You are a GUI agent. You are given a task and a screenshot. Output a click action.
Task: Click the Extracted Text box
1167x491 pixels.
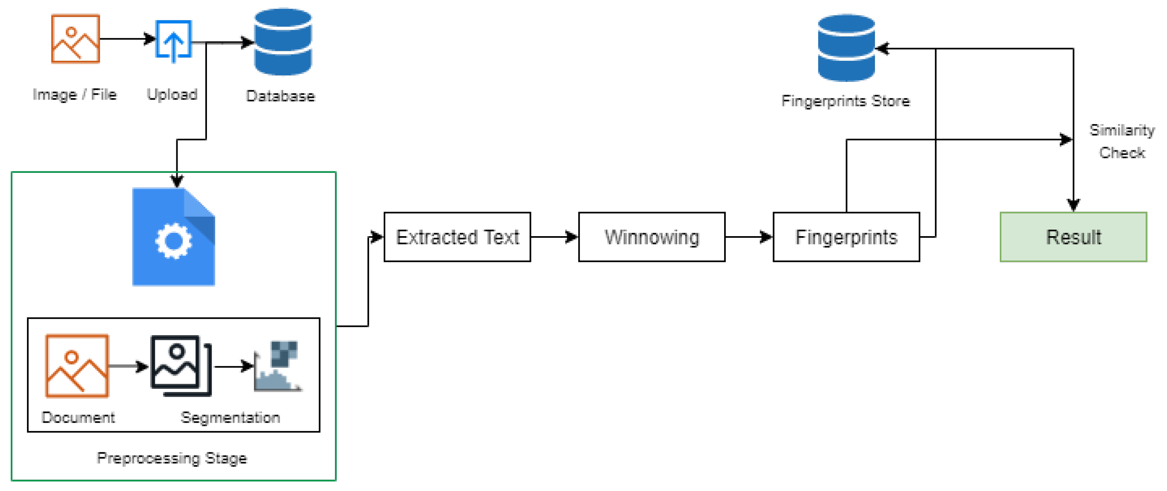click(x=457, y=237)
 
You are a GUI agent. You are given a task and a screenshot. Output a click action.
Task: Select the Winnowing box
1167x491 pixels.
click(x=651, y=237)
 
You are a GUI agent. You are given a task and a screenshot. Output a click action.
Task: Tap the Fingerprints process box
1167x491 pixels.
click(x=846, y=237)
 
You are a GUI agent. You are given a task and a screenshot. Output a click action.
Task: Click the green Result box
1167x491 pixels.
click(x=1073, y=237)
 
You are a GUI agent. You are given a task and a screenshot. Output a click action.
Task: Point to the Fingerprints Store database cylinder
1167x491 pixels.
click(x=846, y=48)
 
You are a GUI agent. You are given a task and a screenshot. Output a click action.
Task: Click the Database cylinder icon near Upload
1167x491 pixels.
click(x=283, y=42)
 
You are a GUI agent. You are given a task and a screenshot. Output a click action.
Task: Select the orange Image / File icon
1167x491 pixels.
click(x=75, y=39)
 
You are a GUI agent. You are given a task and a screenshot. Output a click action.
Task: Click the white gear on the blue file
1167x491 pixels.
click(x=173, y=241)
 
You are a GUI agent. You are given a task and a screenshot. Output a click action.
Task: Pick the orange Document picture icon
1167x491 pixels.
click(x=77, y=366)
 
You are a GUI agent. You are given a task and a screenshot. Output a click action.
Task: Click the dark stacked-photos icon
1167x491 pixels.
click(x=181, y=365)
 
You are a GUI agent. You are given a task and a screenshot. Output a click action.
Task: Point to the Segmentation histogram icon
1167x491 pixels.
click(x=278, y=366)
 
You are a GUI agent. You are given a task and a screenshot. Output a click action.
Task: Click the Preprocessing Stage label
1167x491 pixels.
click(x=172, y=458)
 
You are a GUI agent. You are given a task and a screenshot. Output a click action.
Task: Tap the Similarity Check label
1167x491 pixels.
click(x=1121, y=141)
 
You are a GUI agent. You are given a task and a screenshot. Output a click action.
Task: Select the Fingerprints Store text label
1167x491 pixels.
click(x=845, y=101)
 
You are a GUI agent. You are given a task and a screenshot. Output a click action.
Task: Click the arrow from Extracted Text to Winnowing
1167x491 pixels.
click(x=554, y=237)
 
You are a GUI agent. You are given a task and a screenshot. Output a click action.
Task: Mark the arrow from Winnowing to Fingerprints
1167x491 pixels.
click(x=748, y=237)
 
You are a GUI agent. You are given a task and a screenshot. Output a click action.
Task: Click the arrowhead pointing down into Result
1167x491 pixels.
click(x=1073, y=205)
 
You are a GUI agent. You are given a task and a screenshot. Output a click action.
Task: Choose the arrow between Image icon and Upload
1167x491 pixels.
click(x=127, y=39)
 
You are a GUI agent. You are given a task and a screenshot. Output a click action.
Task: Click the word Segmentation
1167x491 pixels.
click(x=230, y=417)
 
